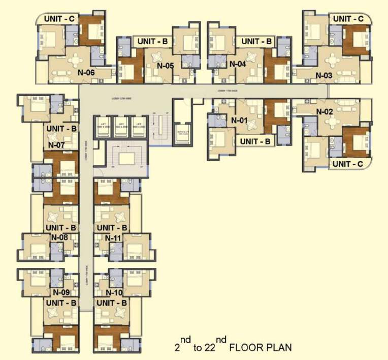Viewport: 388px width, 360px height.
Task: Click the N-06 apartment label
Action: (x=86, y=72)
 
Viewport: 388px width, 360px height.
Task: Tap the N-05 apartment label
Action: (x=166, y=65)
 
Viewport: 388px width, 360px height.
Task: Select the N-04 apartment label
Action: (x=238, y=64)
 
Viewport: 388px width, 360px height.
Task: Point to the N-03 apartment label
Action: (x=324, y=76)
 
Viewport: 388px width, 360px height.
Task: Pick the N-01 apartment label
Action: (x=239, y=121)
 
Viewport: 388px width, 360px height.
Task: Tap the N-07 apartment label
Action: (x=57, y=145)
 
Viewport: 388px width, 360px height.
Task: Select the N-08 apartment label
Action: (x=60, y=237)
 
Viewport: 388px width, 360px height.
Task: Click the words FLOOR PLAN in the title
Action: (x=261, y=348)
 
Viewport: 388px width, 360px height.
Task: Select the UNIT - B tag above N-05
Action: (x=151, y=41)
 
